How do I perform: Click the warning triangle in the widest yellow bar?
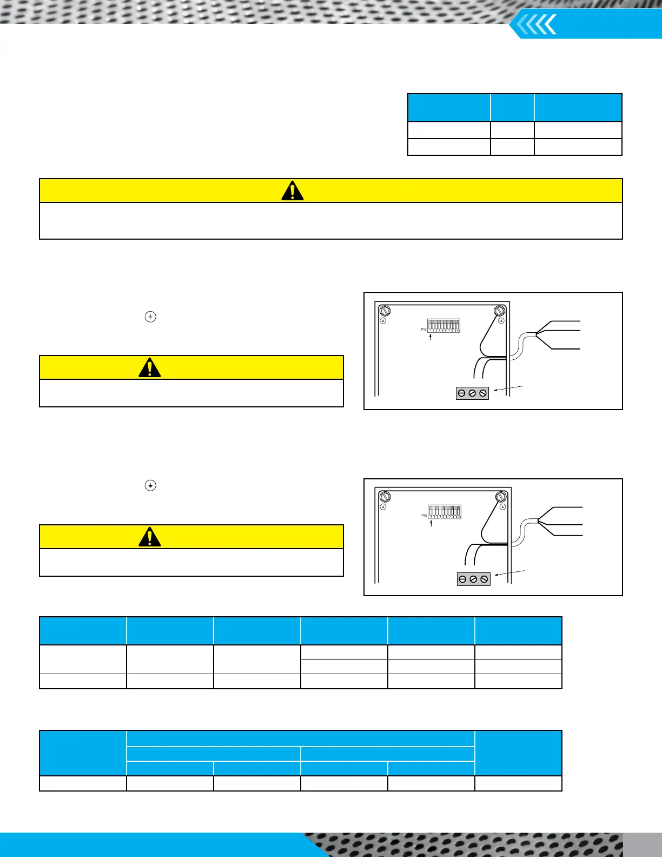(x=293, y=191)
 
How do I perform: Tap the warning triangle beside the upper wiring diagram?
(x=150, y=367)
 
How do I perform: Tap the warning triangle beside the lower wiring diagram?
(x=150, y=537)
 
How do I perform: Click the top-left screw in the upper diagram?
(x=385, y=311)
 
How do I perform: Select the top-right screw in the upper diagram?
(x=500, y=311)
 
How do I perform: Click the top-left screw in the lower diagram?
(x=385, y=497)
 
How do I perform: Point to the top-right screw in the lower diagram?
(x=501, y=497)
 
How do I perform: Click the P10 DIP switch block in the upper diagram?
(x=443, y=325)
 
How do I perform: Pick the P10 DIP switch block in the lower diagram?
(x=445, y=511)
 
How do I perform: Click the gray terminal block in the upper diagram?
(x=472, y=393)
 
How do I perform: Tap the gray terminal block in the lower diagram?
(x=473, y=579)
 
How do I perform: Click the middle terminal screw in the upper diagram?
(x=472, y=393)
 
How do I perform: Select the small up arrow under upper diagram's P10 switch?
(x=430, y=338)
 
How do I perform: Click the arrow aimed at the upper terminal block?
(x=508, y=388)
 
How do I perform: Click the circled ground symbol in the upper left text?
(x=150, y=317)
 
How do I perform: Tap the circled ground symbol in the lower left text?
(x=150, y=485)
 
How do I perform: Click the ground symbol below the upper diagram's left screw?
(x=383, y=320)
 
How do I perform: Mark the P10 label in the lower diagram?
(x=424, y=516)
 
